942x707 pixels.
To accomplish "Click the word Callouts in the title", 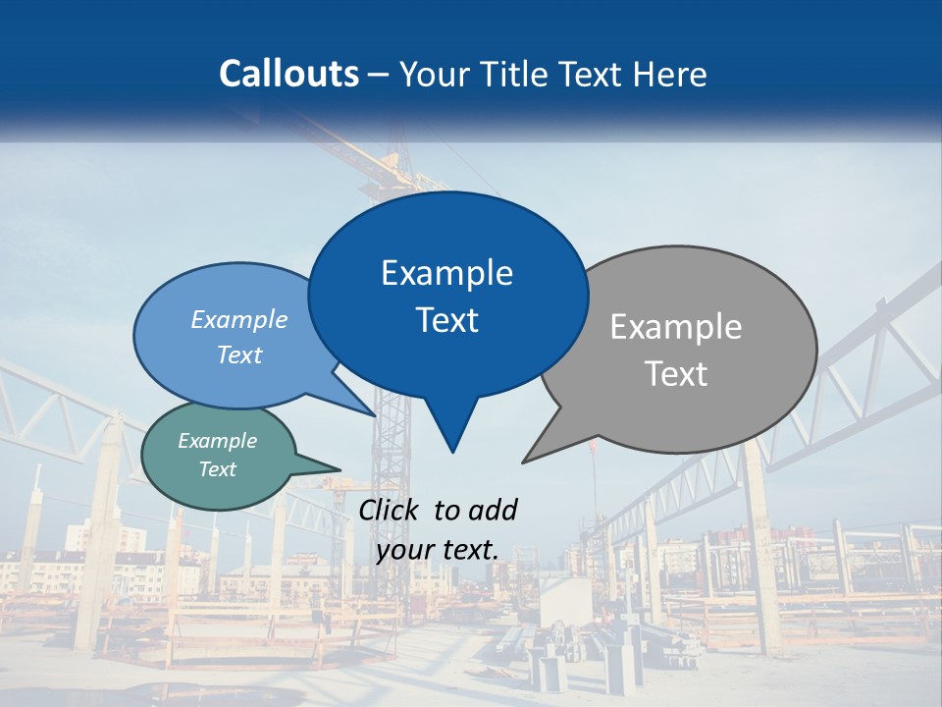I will (288, 74).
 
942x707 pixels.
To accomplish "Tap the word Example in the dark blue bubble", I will (446, 273).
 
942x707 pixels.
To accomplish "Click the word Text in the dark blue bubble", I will (446, 320).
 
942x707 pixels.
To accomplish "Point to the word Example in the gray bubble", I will (676, 327).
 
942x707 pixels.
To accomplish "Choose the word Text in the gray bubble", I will (676, 374).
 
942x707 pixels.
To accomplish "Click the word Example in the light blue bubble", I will (239, 319).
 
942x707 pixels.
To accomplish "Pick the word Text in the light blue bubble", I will (239, 354).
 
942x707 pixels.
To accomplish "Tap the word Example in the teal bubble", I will (218, 441).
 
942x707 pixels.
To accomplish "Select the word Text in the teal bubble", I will (218, 469).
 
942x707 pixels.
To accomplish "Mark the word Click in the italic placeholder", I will (390, 510).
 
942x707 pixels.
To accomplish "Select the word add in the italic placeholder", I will (492, 510).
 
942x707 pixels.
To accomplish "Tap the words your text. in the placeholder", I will (437, 550).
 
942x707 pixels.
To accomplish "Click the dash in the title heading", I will (378, 74).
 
